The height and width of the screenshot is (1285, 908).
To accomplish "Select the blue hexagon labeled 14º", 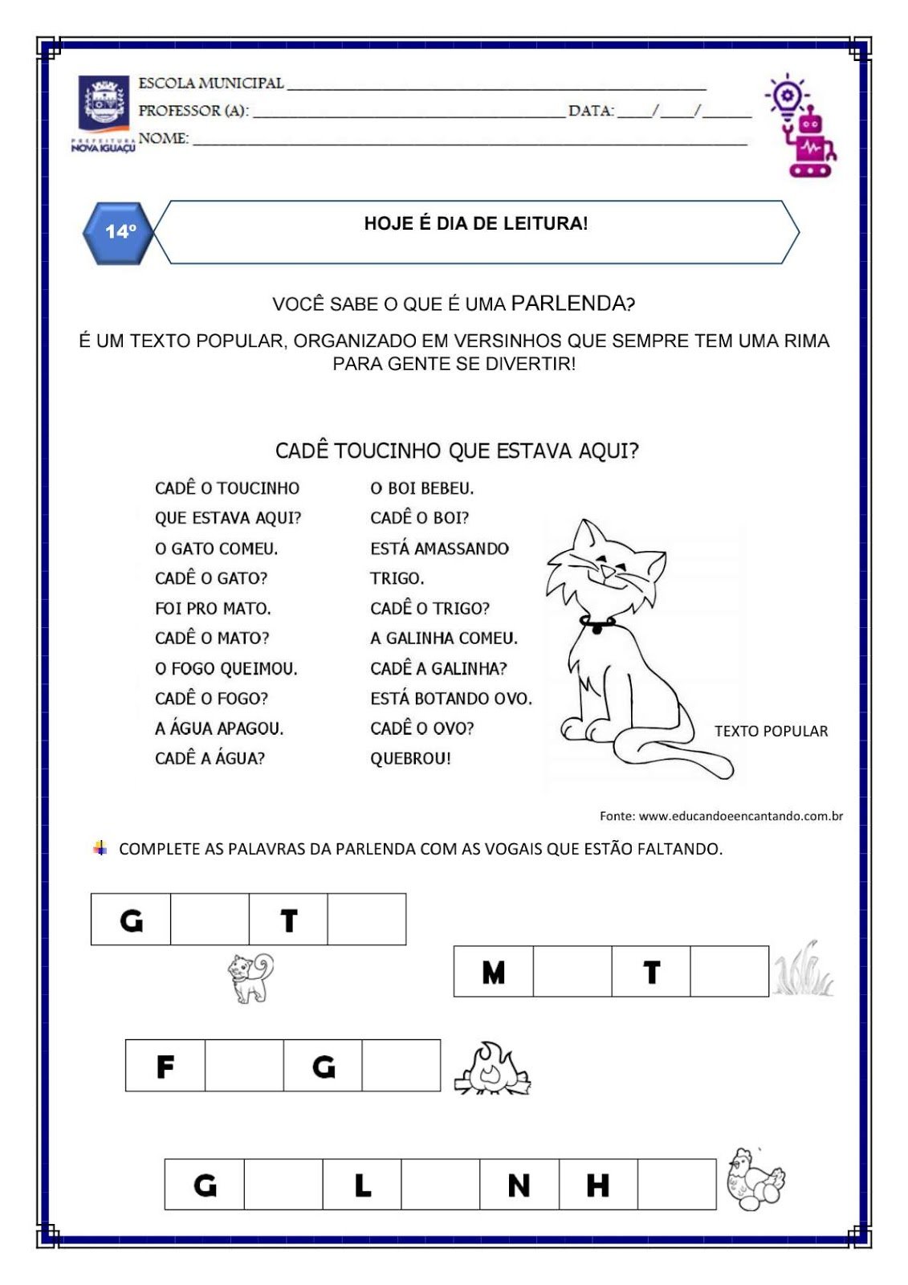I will point(119,232).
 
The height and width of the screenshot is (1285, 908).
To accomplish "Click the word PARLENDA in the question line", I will point(568,304).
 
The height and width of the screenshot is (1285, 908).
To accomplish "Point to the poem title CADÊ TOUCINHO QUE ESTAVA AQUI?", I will point(457,451).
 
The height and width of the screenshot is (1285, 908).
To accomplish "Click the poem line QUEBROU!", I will point(410,758).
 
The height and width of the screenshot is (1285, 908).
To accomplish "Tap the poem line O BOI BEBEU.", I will point(422,488).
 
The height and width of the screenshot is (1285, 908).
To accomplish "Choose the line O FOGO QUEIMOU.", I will point(226,668).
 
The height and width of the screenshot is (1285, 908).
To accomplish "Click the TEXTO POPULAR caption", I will point(771,731).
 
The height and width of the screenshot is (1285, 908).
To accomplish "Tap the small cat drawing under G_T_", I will point(250,977).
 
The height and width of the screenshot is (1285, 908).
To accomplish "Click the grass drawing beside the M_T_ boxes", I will point(803,970).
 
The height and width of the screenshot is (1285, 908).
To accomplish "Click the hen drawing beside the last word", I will point(755,1179).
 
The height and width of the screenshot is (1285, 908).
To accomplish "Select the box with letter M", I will point(493,972).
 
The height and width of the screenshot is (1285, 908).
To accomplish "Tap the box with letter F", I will point(165,1066).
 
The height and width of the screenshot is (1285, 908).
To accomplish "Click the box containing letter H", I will point(598,1184).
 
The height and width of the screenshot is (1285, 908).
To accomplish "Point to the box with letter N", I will point(519,1184).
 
